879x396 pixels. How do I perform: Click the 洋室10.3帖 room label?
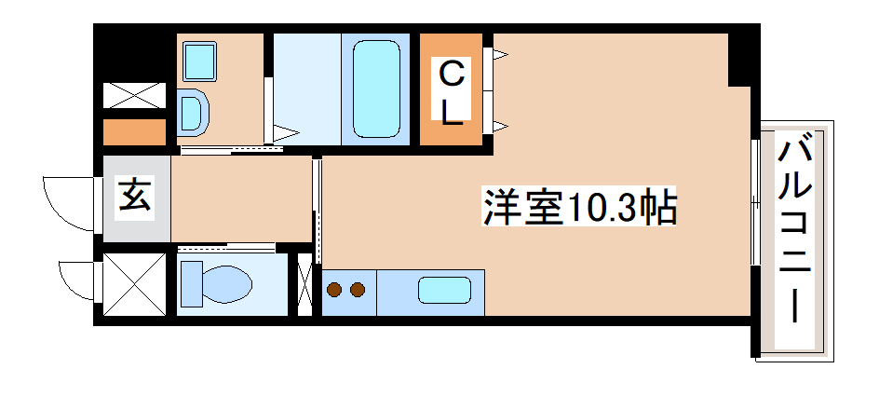578,207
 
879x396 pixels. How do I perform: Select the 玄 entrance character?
136,197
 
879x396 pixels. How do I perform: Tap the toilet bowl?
217,282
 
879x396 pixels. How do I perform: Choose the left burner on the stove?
336,290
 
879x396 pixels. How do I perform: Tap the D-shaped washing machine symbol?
194,113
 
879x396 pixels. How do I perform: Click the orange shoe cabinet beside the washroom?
134,131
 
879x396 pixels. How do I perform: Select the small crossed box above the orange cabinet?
134,95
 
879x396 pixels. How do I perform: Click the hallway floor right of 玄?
240,198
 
